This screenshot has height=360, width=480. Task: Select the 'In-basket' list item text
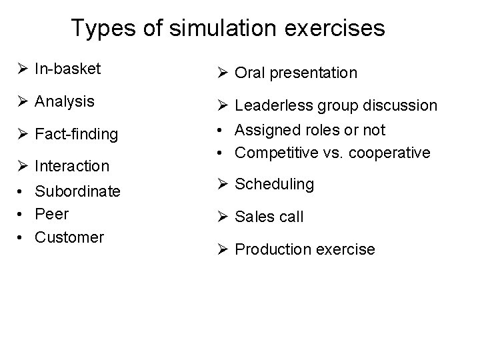(67, 68)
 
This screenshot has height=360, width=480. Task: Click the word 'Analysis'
(64, 103)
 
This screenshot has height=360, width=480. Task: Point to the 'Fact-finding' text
(76, 135)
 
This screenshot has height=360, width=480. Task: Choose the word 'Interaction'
(72, 165)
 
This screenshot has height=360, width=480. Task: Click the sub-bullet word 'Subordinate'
(77, 192)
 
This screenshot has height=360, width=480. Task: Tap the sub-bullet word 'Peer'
(51, 215)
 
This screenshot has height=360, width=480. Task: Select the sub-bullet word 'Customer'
(69, 237)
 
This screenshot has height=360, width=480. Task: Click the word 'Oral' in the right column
(250, 73)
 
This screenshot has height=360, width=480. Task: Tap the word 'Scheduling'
(275, 184)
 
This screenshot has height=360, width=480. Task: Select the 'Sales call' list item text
(269, 216)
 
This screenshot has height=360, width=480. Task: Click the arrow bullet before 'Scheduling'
(224, 184)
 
